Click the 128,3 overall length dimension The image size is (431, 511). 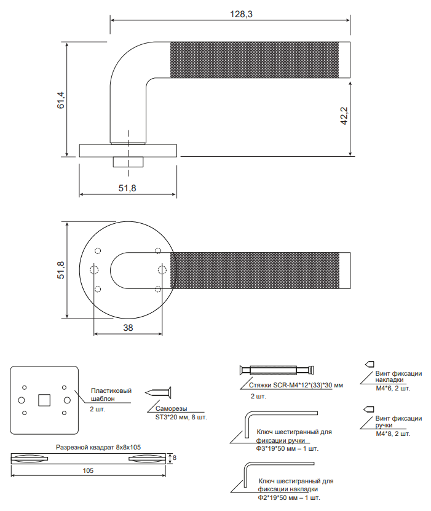[x=241, y=14]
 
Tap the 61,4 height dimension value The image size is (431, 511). [x=61, y=100]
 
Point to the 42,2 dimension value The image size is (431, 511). [x=344, y=116]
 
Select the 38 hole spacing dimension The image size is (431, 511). [x=128, y=328]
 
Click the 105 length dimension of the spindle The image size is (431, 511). [x=88, y=470]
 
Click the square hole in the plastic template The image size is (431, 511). [x=44, y=400]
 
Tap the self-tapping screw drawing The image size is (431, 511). [x=158, y=393]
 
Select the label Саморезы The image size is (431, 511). [x=171, y=409]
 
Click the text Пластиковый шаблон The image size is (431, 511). [x=111, y=394]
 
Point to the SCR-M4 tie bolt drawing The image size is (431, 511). [x=277, y=370]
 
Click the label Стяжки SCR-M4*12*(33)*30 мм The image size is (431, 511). [x=296, y=385]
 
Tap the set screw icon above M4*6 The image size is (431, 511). [x=370, y=364]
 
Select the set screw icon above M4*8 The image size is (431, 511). [x=369, y=409]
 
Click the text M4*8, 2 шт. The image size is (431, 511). [x=393, y=434]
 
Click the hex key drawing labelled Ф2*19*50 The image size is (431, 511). [x=279, y=475]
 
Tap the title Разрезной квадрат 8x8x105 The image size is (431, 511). [x=98, y=447]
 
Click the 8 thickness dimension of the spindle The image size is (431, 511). [x=175, y=458]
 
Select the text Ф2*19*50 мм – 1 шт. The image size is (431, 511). [x=289, y=497]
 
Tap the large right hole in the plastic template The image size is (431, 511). [x=67, y=400]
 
